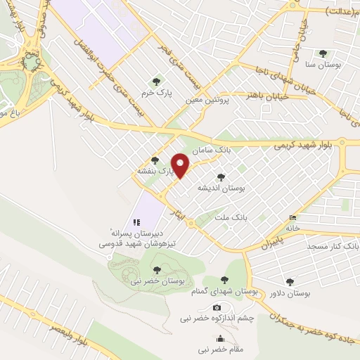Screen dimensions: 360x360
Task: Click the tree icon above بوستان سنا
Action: coord(323,53)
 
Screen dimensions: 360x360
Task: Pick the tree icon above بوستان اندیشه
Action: coord(221,178)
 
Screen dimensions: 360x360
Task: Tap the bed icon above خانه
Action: coord(293,217)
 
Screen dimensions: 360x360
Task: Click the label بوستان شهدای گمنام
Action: coord(225,291)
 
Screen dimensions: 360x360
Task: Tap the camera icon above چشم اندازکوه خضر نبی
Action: coord(217,307)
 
